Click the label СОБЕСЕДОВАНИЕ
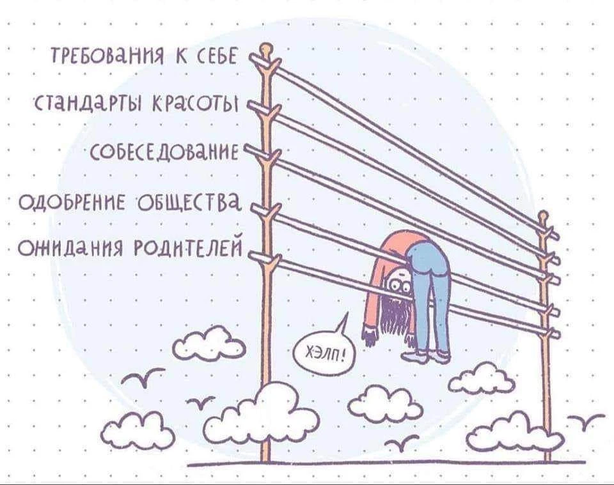click(x=164, y=151)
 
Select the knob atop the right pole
click(x=543, y=217)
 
